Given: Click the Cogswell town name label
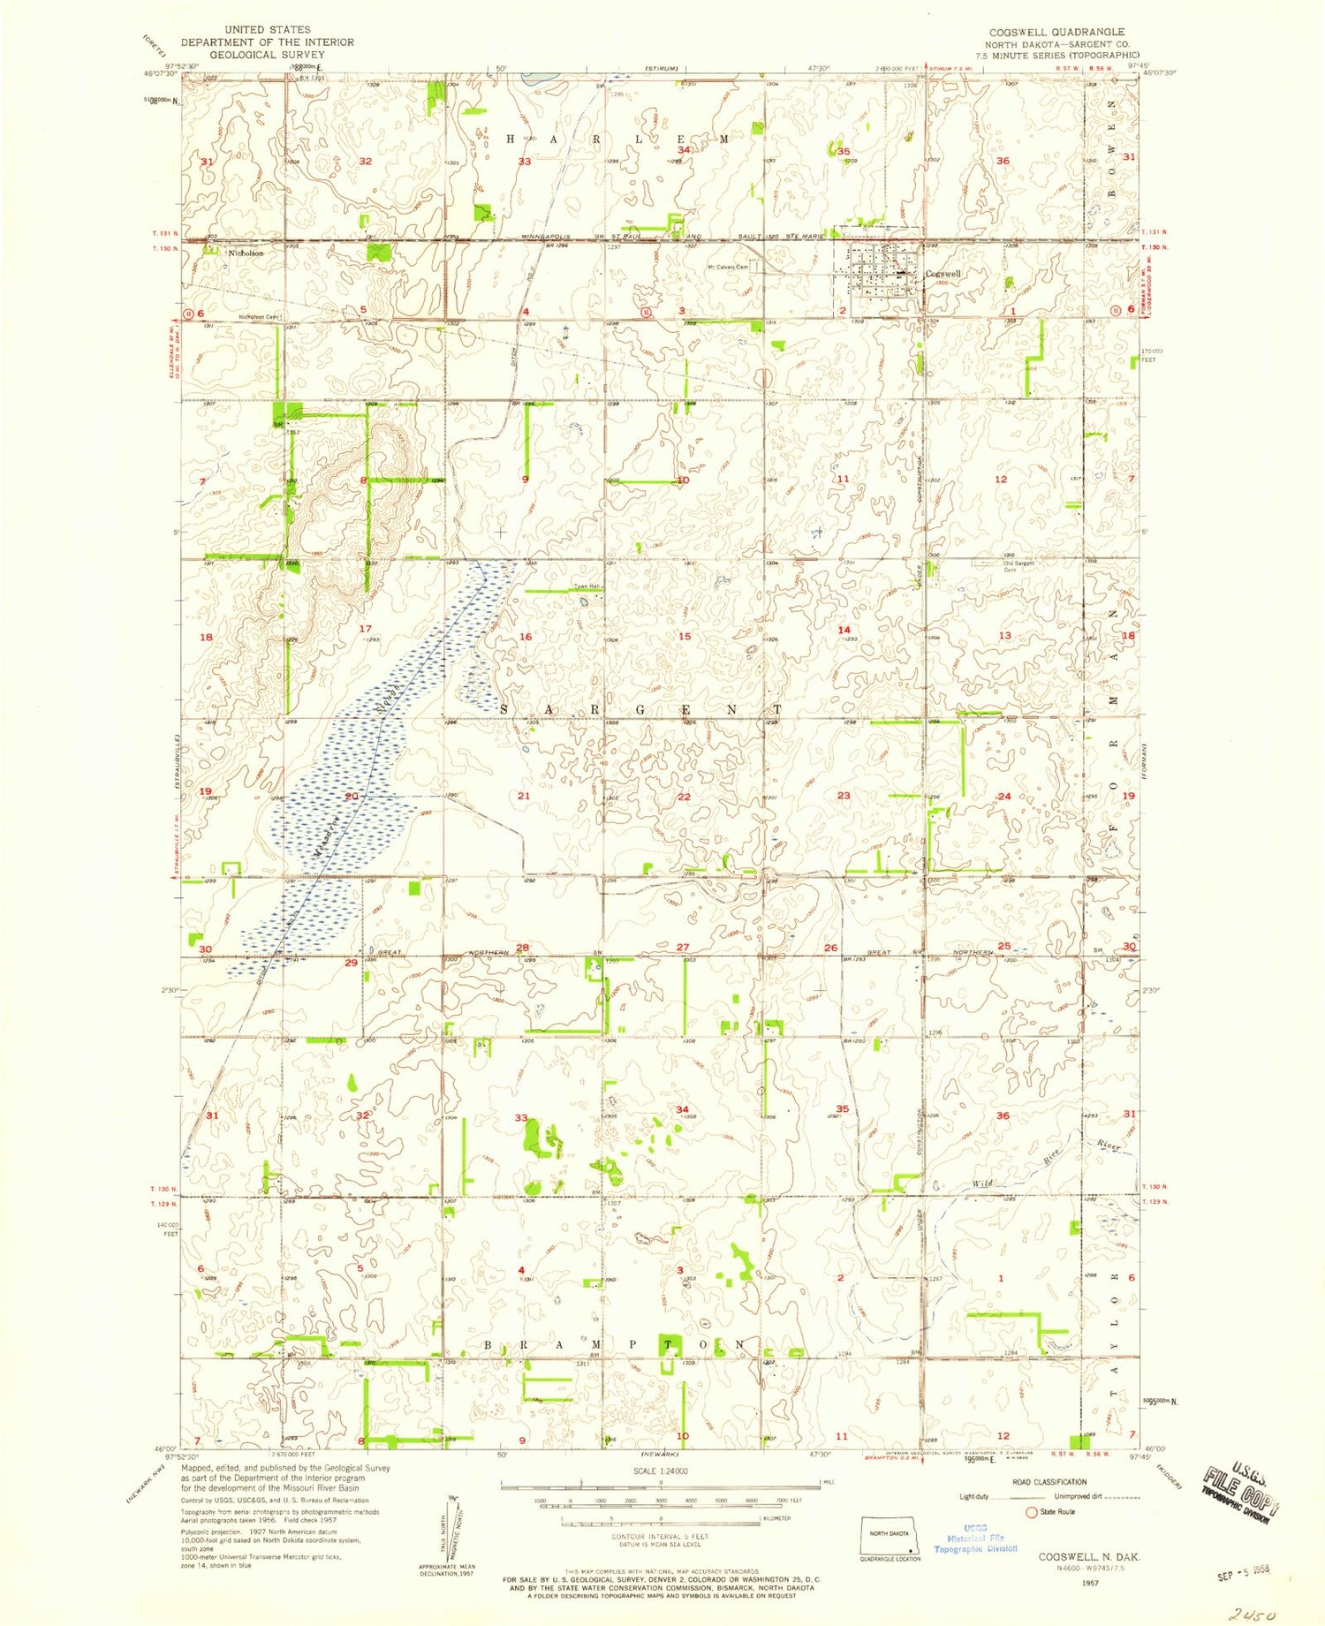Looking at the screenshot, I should coord(943,274).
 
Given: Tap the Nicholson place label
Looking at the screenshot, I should coord(246,253).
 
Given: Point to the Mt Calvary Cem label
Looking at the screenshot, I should coord(727,268).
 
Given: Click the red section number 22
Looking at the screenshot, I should coord(683,797).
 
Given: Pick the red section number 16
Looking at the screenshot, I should coord(526,637).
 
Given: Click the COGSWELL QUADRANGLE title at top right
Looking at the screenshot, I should coord(1056,32).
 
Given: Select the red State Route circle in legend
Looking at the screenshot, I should coord(1030,1511).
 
